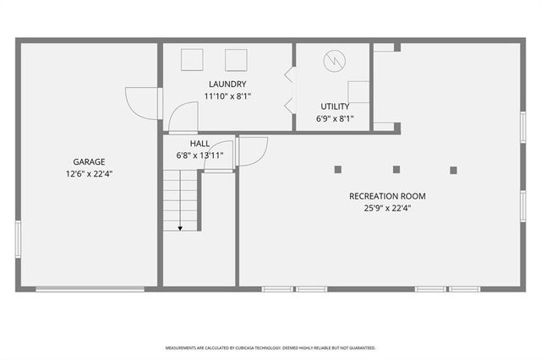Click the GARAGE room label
[89, 161]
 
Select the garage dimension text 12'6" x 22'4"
[89, 173]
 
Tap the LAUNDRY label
[227, 84]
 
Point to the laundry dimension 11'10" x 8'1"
[227, 95]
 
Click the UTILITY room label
[335, 106]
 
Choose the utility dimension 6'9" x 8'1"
[335, 118]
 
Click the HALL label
[199, 144]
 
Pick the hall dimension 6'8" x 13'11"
[199, 155]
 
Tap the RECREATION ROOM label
[387, 196]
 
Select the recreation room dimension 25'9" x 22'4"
[387, 208]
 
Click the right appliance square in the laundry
[235, 60]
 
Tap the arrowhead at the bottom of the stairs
[180, 227]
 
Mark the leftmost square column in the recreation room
[337, 169]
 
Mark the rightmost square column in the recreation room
[453, 170]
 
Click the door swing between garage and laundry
[142, 102]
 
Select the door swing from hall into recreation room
[252, 151]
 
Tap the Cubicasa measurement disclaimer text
[270, 347]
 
